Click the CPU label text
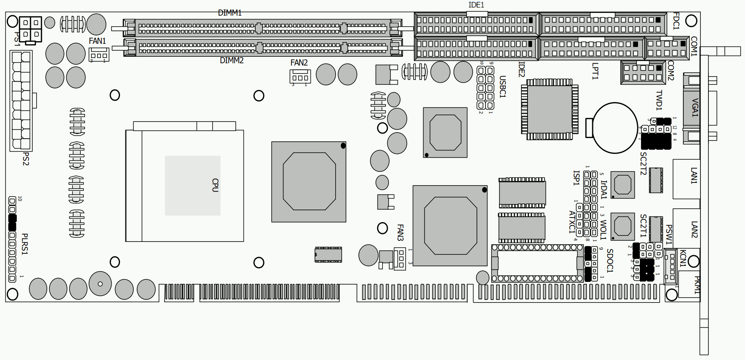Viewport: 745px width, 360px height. (x=215, y=185)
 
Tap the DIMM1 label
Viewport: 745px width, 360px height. (x=230, y=13)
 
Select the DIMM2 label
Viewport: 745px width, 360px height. (x=232, y=61)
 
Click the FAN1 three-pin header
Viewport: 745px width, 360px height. (x=99, y=54)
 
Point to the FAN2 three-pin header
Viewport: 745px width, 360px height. (x=300, y=77)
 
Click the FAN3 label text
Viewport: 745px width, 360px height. (x=400, y=232)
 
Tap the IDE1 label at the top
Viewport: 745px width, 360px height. (x=476, y=5)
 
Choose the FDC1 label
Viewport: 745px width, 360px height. (x=676, y=21)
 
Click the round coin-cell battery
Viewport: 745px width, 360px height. (x=615, y=128)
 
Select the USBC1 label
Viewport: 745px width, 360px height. (x=502, y=87)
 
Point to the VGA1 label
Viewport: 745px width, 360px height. (x=695, y=108)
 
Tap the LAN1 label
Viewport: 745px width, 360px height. (x=694, y=176)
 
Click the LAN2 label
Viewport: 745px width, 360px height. (x=694, y=230)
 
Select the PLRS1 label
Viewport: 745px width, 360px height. (x=25, y=244)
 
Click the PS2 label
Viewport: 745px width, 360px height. (x=26, y=159)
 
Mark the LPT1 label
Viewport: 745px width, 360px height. (x=595, y=71)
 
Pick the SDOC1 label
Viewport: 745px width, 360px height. (x=610, y=261)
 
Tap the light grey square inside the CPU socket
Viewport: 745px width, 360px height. (x=193, y=186)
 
